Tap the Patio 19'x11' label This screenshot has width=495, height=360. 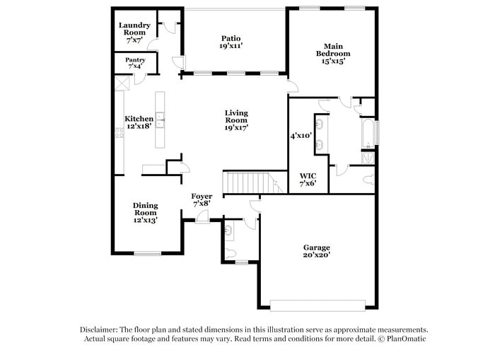click(231, 42)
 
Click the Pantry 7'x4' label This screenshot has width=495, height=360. click(135, 63)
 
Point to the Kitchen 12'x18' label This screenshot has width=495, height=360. click(139, 122)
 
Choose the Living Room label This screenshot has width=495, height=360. click(236, 120)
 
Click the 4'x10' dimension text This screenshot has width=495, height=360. click(301, 134)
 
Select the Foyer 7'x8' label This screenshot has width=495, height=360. click(202, 199)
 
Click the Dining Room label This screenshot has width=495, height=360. click(146, 212)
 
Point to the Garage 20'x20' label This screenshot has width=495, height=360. click(317, 252)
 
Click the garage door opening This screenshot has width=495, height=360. click(318, 306)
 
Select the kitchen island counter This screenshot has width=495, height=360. click(161, 120)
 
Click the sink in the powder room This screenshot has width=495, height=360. click(229, 230)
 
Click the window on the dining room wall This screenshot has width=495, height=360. click(148, 253)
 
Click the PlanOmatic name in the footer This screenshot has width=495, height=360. click(405, 339)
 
